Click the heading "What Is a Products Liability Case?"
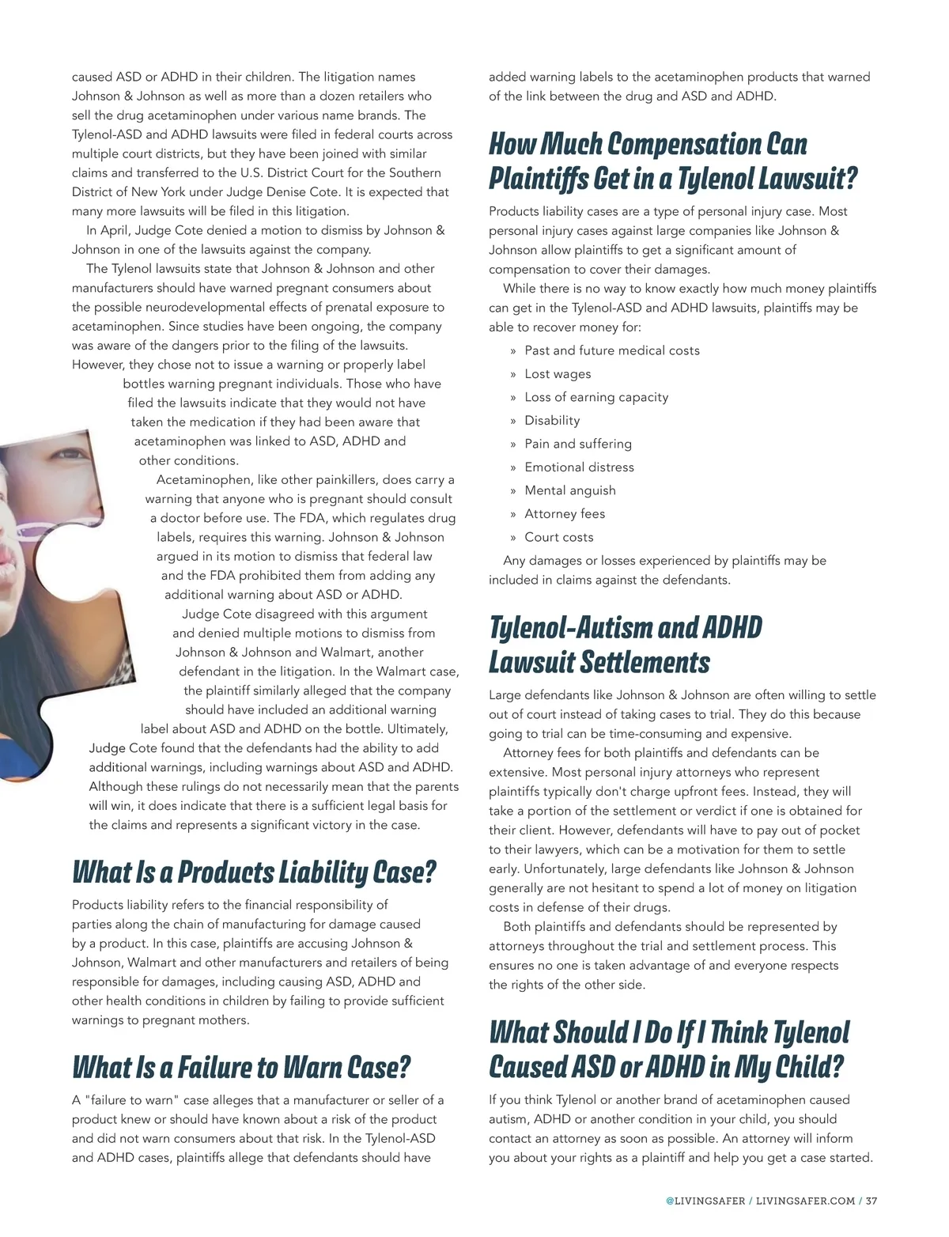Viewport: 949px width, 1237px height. [254, 872]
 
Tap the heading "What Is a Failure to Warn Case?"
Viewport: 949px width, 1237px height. [241, 1068]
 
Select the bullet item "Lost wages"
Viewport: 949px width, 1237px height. [558, 374]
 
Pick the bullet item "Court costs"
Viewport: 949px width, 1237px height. [558, 537]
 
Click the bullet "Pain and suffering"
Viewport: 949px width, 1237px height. [578, 444]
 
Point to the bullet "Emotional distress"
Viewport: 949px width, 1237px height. [579, 467]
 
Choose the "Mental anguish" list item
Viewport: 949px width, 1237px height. [569, 490]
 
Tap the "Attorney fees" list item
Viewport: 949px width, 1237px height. [565, 514]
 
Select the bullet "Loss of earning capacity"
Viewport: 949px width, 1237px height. [596, 397]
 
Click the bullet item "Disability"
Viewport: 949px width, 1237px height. [552, 421]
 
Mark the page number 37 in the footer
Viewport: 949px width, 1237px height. [871, 1201]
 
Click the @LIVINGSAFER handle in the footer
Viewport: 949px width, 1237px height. [705, 1201]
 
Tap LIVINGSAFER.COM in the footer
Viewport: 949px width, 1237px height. [805, 1201]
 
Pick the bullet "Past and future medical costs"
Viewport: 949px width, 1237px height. [612, 350]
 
